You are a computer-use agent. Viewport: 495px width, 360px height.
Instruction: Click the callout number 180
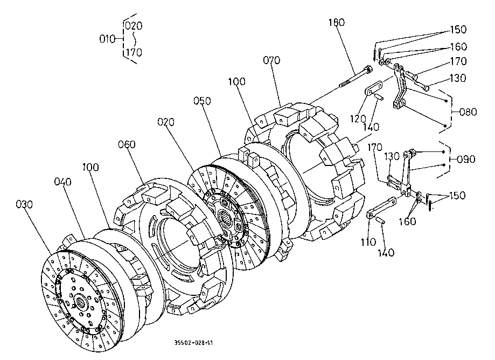(337, 23)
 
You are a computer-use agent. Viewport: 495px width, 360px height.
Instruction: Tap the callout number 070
(271, 61)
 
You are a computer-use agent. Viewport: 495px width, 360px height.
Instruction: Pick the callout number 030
(25, 204)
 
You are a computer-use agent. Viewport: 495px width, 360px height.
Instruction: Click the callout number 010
(108, 39)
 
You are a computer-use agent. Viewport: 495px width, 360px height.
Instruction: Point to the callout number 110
(368, 243)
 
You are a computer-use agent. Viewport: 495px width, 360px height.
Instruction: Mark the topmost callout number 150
(458, 29)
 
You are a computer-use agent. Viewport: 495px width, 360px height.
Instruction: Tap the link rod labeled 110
(383, 208)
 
